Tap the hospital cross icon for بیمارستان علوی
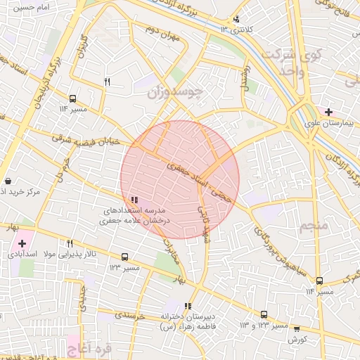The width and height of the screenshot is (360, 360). tap(329, 111)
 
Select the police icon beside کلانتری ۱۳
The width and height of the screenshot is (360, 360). tap(236, 19)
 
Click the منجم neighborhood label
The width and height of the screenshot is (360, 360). tap(314, 226)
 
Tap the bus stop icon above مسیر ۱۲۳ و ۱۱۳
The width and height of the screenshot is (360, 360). tap(264, 315)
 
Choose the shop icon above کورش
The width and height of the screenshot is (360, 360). tap(296, 328)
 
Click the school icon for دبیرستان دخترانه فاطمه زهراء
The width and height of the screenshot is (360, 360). tap(188, 306)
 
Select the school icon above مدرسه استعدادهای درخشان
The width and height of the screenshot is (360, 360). tap(134, 200)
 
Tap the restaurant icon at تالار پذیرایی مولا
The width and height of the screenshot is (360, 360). tap(70, 244)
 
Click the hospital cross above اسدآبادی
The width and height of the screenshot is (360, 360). tap(22, 243)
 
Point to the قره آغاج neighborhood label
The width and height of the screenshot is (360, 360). tap(83, 347)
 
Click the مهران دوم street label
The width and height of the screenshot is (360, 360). tap(162, 30)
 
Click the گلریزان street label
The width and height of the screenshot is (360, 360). tap(83, 45)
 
